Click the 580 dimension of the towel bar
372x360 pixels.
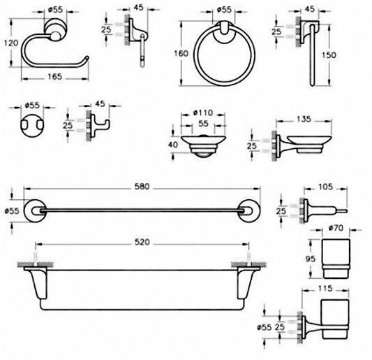pos(142,187)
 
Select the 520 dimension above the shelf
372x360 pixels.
pos(142,242)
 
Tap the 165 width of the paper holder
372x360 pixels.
pos(55,76)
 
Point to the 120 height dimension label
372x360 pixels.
pos(11,43)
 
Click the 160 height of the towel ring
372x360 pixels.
pos(181,53)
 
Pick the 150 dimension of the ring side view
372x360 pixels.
pos(329,55)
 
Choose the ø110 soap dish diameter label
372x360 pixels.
pos(203,113)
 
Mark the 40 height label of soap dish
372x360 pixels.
pos(172,145)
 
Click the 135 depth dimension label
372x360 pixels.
pos(304,119)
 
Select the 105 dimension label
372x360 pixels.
pos(325,187)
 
